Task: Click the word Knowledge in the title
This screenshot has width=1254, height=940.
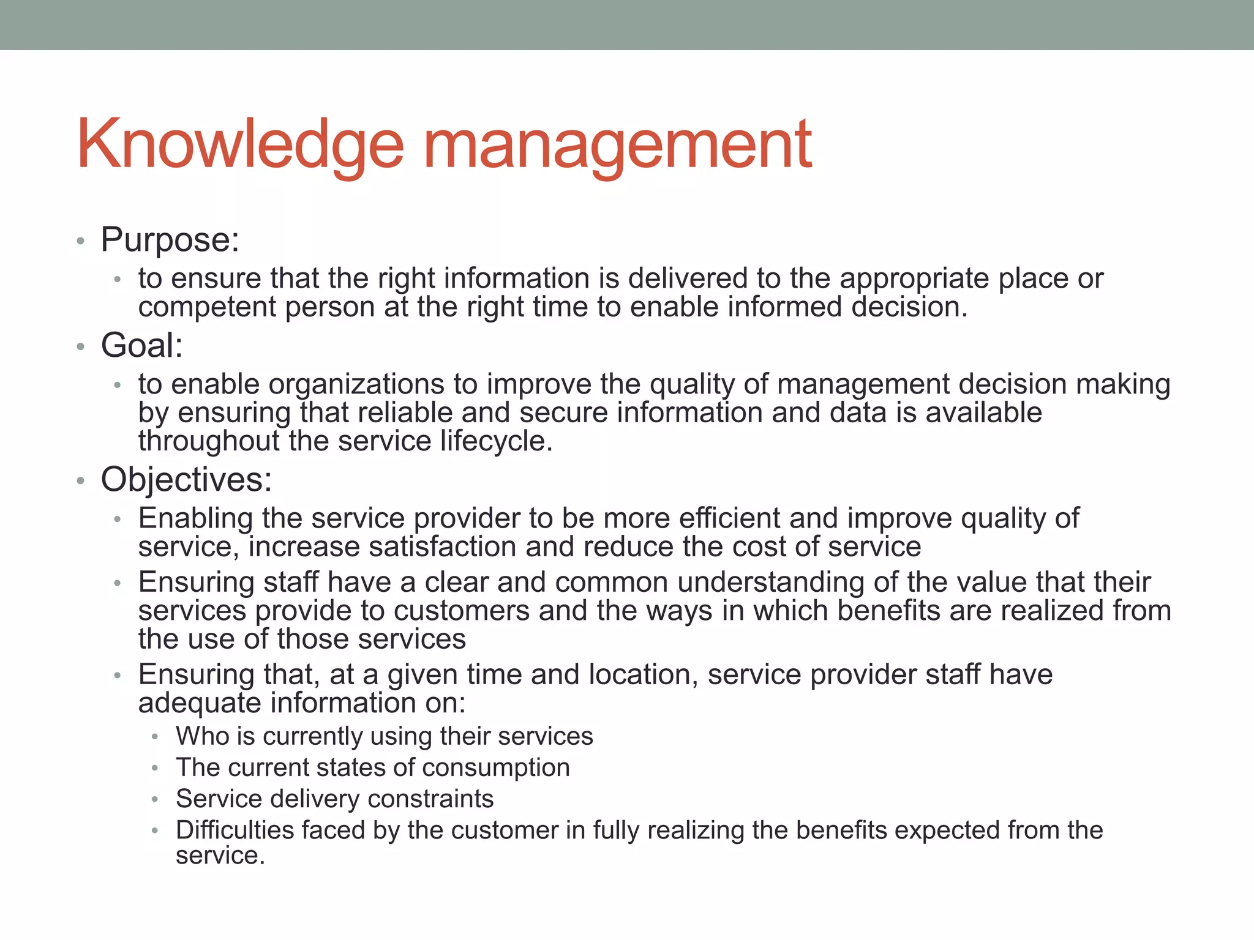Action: click(x=240, y=144)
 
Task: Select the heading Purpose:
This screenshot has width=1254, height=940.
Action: click(x=170, y=239)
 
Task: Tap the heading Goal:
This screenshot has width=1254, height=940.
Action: click(x=141, y=345)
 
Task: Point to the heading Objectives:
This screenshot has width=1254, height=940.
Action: click(x=186, y=479)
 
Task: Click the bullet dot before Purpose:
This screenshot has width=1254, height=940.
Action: click(x=80, y=241)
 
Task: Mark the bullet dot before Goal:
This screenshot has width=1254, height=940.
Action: click(x=80, y=347)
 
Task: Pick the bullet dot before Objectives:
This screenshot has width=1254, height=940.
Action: click(x=80, y=481)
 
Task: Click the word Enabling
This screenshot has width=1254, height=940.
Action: click(x=195, y=519)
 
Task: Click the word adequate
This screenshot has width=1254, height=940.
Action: click(x=199, y=703)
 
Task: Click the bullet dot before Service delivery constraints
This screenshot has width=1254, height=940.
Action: click(x=156, y=799)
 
